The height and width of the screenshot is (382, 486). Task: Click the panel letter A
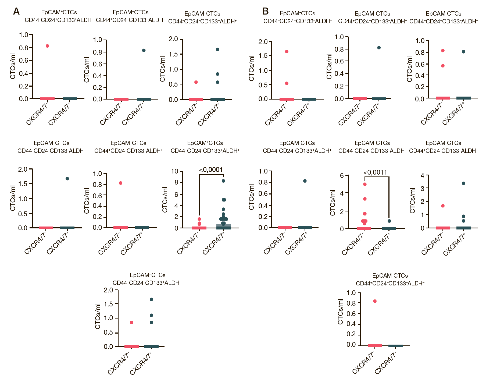(16, 11)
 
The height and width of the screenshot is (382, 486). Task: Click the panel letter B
(265, 11)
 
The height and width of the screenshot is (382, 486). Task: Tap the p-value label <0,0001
(211, 170)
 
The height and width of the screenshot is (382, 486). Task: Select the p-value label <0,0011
(375, 172)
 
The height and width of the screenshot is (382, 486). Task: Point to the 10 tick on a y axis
(175, 171)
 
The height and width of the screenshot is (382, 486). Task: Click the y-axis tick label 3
(423, 188)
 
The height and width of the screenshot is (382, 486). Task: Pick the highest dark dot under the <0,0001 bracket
(223, 181)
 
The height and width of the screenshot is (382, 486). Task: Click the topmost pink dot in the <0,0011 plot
(365, 184)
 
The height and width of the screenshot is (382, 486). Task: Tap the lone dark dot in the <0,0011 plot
(389, 221)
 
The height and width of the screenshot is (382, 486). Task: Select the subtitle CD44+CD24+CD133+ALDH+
(130, 20)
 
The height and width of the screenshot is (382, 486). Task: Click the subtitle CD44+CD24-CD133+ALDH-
(147, 283)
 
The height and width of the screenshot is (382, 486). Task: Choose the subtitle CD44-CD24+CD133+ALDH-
(59, 20)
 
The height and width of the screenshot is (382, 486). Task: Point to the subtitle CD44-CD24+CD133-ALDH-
(298, 21)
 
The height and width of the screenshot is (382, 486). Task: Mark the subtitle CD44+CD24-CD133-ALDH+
(128, 151)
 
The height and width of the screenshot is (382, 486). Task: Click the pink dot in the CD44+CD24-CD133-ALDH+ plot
(121, 183)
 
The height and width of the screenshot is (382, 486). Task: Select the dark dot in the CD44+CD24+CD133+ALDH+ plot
(144, 50)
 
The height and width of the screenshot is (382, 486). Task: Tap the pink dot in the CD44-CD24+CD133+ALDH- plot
(47, 46)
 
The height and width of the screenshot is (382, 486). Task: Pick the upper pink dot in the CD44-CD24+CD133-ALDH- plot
(287, 52)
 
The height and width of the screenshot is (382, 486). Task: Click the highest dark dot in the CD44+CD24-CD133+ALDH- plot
(151, 299)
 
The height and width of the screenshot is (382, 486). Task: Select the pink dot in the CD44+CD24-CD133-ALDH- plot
(375, 301)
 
